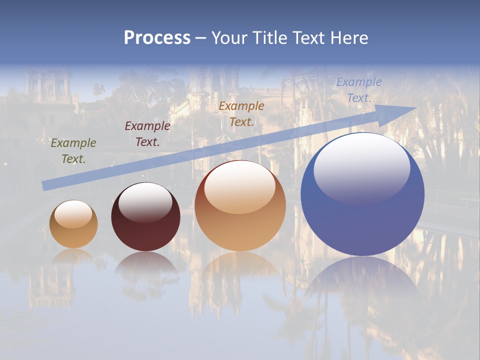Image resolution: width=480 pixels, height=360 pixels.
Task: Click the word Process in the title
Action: tap(157, 38)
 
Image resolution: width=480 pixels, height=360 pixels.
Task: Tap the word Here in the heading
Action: tap(348, 38)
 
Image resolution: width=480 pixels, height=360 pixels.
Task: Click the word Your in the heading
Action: tap(229, 38)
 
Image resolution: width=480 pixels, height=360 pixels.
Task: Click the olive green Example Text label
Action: tap(73, 151)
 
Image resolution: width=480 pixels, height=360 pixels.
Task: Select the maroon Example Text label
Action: tap(147, 134)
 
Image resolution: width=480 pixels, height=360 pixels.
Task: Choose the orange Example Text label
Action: tap(241, 114)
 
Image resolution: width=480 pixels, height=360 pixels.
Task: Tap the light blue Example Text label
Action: tap(358, 90)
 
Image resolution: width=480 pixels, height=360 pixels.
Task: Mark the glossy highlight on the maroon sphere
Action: tap(145, 202)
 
